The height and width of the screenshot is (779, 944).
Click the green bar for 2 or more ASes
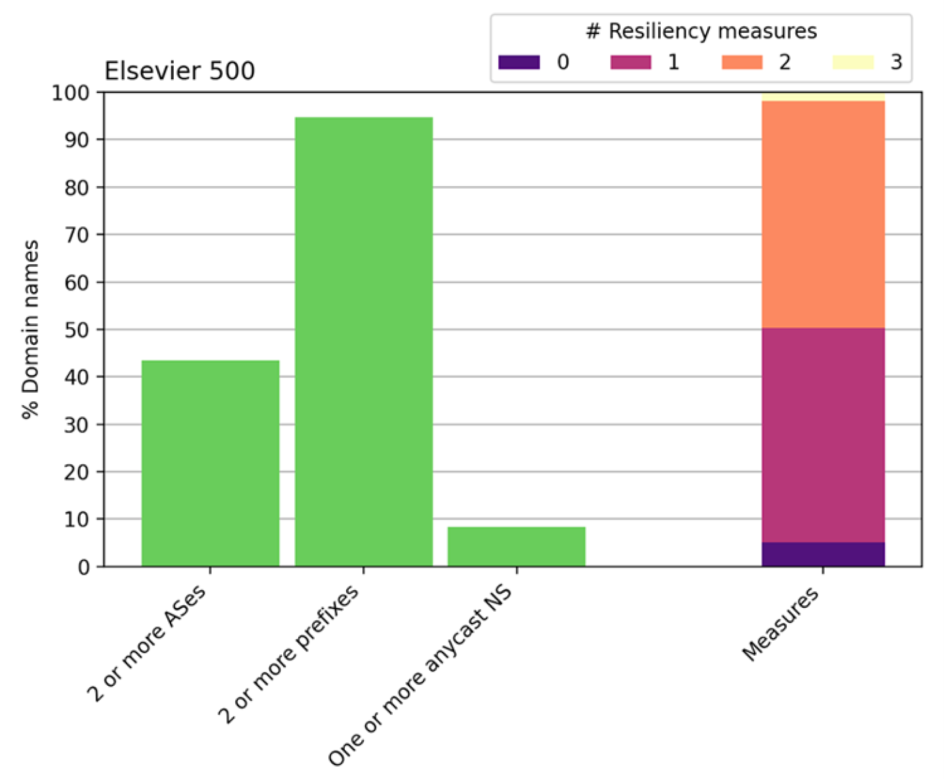pyautogui.click(x=210, y=463)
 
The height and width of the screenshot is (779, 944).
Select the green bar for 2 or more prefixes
pyautogui.click(x=363, y=341)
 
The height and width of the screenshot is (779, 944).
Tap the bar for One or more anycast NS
pyautogui.click(x=516, y=546)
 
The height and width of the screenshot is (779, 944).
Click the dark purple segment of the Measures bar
pyautogui.click(x=823, y=554)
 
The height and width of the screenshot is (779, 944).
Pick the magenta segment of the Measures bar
pyautogui.click(x=823, y=435)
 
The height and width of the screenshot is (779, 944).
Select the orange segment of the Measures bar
pyautogui.click(x=823, y=214)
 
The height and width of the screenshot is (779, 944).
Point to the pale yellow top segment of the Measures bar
pyautogui.click(x=823, y=96)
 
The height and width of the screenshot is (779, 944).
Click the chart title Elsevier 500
pyautogui.click(x=180, y=71)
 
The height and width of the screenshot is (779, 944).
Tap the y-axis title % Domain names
pyautogui.click(x=30, y=329)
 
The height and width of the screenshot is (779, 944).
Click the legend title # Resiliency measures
pyautogui.click(x=701, y=31)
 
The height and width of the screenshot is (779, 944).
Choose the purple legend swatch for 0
pyautogui.click(x=519, y=62)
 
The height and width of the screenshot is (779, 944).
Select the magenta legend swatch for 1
pyautogui.click(x=631, y=62)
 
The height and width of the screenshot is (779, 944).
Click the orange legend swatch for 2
pyautogui.click(x=741, y=62)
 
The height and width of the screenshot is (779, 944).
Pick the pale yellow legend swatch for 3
pyautogui.click(x=853, y=62)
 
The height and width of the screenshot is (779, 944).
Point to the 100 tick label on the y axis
pyautogui.click(x=70, y=92)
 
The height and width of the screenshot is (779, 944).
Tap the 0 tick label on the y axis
pyautogui.click(x=83, y=567)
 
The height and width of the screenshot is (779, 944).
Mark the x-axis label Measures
pyautogui.click(x=780, y=624)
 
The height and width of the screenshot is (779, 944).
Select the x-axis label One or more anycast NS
pyautogui.click(x=420, y=675)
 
